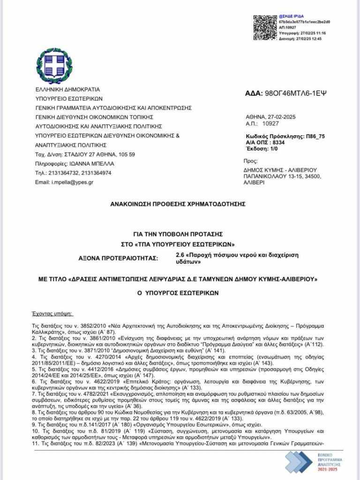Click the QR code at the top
click(265, 28)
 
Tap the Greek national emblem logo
click(55, 66)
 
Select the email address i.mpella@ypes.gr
click(72, 182)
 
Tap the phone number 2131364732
click(66, 173)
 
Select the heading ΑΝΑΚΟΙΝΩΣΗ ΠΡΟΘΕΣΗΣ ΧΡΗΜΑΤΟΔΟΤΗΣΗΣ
click(178, 204)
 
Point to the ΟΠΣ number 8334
click(292, 142)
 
